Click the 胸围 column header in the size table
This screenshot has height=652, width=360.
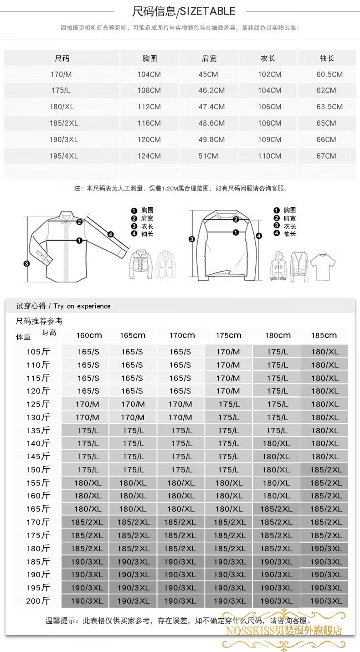point(149,58)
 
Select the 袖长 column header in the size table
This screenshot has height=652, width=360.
point(327,58)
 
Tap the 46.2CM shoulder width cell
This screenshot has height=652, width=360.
point(211,91)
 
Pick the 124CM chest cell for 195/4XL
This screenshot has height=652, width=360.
point(149,156)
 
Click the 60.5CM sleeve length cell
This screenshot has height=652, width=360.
point(329,75)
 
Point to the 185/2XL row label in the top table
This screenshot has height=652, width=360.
point(64,123)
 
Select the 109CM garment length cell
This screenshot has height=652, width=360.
point(269,140)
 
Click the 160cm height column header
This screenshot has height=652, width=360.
point(89,335)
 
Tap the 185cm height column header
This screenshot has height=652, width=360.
point(324,335)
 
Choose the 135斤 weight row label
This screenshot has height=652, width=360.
point(38,431)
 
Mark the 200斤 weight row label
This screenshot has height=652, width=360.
point(38,601)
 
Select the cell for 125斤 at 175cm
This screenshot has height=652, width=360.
point(229,404)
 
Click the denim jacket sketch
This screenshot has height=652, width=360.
point(141,264)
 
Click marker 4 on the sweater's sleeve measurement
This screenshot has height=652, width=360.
point(259,236)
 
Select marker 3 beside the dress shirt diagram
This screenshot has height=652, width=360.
point(26,264)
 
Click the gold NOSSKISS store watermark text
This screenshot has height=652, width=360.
point(284,631)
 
